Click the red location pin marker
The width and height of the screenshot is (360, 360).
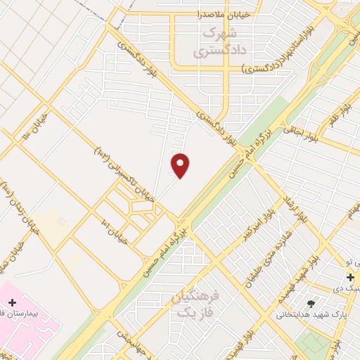[x=181, y=165]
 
